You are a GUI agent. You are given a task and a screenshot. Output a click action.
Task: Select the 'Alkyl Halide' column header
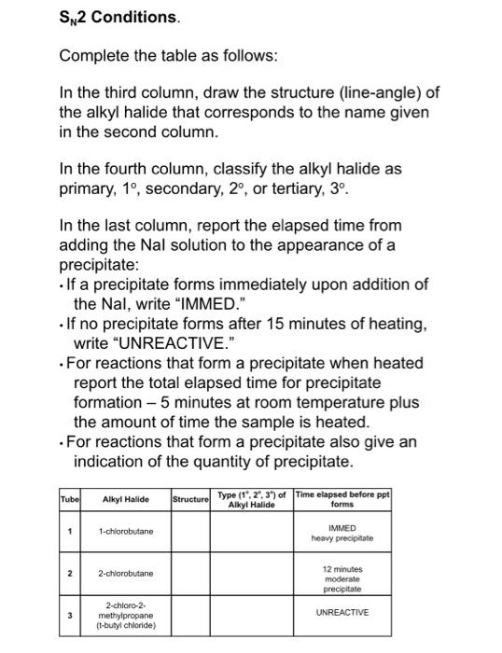[x=125, y=500]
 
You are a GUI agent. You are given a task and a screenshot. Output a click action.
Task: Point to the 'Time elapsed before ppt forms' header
[x=342, y=500]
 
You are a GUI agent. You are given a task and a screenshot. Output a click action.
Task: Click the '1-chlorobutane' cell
[x=126, y=532]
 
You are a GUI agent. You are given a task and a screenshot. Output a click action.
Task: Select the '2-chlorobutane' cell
[x=126, y=573]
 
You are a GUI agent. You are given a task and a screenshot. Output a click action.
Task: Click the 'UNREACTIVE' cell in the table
[x=342, y=612]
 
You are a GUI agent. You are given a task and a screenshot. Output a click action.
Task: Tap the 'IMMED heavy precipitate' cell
[x=342, y=532]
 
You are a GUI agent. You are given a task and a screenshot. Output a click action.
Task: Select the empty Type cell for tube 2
[x=251, y=573]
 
